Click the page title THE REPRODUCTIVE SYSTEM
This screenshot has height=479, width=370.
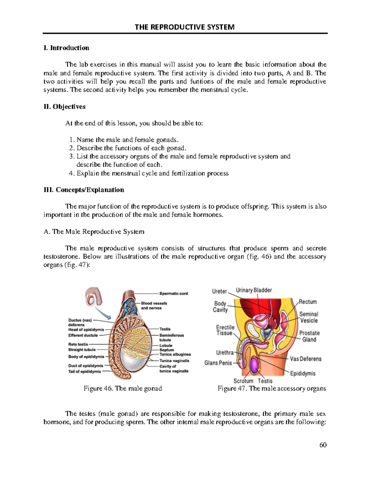pos(185,27)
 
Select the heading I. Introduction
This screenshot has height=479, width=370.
pos(67,48)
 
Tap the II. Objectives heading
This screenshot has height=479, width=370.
pos(65,107)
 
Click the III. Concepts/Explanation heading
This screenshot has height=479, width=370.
pos(84,190)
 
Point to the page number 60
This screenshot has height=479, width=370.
pos(323,445)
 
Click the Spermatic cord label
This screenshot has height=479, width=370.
pos(173,293)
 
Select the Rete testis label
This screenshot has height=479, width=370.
pos(78,344)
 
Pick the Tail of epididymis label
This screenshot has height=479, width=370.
pos(84,371)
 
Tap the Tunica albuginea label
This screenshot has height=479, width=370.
pos(175,354)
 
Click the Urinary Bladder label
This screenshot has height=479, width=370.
pos(254,290)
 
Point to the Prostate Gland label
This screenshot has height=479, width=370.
pos(309,336)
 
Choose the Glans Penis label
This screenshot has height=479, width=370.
pos(218,363)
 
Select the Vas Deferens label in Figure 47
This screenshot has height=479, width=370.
pos(306,359)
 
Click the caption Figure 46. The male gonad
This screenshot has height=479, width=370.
pos(123,388)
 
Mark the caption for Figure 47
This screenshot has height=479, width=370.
pos(272,388)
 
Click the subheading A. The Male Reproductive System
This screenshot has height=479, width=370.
pos(94,232)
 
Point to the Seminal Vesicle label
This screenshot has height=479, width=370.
pos(309,317)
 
